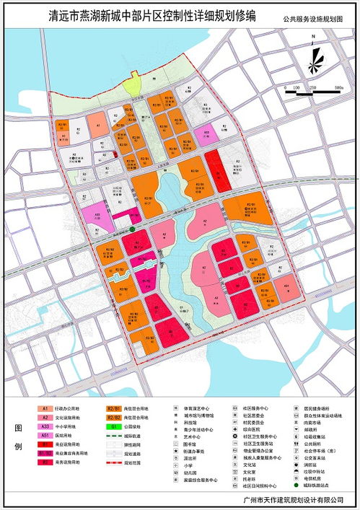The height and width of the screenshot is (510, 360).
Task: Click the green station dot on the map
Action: click(132, 229)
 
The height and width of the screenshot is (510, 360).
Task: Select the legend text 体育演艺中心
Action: click(199, 408)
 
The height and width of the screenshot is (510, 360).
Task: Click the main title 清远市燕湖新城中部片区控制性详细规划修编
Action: click(144, 14)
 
